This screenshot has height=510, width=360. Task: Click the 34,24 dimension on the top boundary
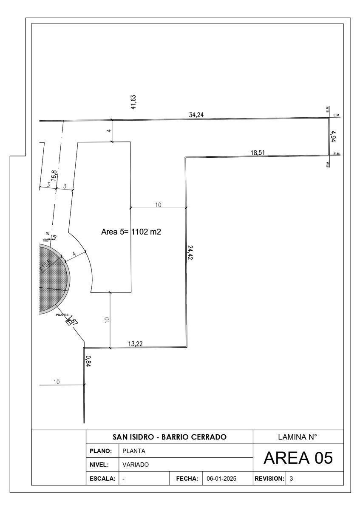tap(196, 115)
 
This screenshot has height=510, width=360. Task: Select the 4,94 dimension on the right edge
tap(334, 137)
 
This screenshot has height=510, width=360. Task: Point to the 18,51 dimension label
tap(258, 153)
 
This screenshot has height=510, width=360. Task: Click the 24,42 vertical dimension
tap(190, 252)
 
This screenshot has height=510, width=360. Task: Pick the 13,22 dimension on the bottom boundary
tap(136, 344)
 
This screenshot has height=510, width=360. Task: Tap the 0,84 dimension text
tap(88, 361)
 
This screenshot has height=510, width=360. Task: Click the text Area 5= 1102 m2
tap(131, 232)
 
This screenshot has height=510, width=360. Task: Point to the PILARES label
tap(62, 315)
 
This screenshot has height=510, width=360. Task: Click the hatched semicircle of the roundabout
tap(52, 279)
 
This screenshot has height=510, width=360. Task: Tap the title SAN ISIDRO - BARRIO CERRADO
tap(169, 437)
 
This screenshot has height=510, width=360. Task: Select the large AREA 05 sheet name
tap(298, 458)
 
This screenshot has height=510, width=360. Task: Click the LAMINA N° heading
tap(298, 437)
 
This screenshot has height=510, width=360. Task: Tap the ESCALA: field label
tap(102, 479)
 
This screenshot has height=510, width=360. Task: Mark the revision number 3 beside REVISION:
tap(291, 479)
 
